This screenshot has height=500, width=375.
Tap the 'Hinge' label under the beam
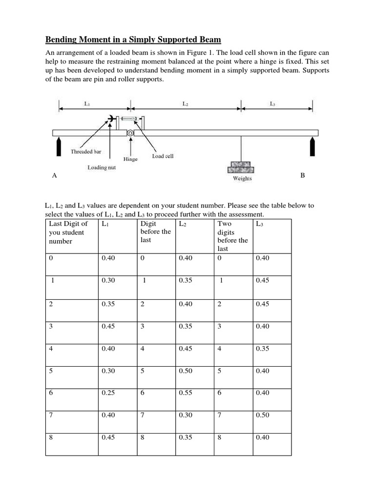[x=130, y=159]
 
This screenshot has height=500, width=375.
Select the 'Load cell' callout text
[x=163, y=156]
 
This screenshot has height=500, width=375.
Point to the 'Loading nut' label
[x=101, y=167]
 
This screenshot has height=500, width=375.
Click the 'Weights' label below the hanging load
[x=242, y=179]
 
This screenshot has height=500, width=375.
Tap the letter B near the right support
[x=302, y=175]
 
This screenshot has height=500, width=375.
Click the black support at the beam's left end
[x=59, y=146]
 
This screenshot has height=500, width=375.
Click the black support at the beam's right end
[x=312, y=146]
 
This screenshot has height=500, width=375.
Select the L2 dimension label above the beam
[x=185, y=104]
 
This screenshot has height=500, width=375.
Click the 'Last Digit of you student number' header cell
[x=68, y=232]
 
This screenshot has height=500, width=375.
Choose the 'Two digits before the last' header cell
[x=232, y=236]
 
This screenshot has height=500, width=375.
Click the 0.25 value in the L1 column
[x=108, y=393]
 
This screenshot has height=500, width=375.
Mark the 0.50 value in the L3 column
[x=262, y=416]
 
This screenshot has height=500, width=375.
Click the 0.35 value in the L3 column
[x=262, y=349]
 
